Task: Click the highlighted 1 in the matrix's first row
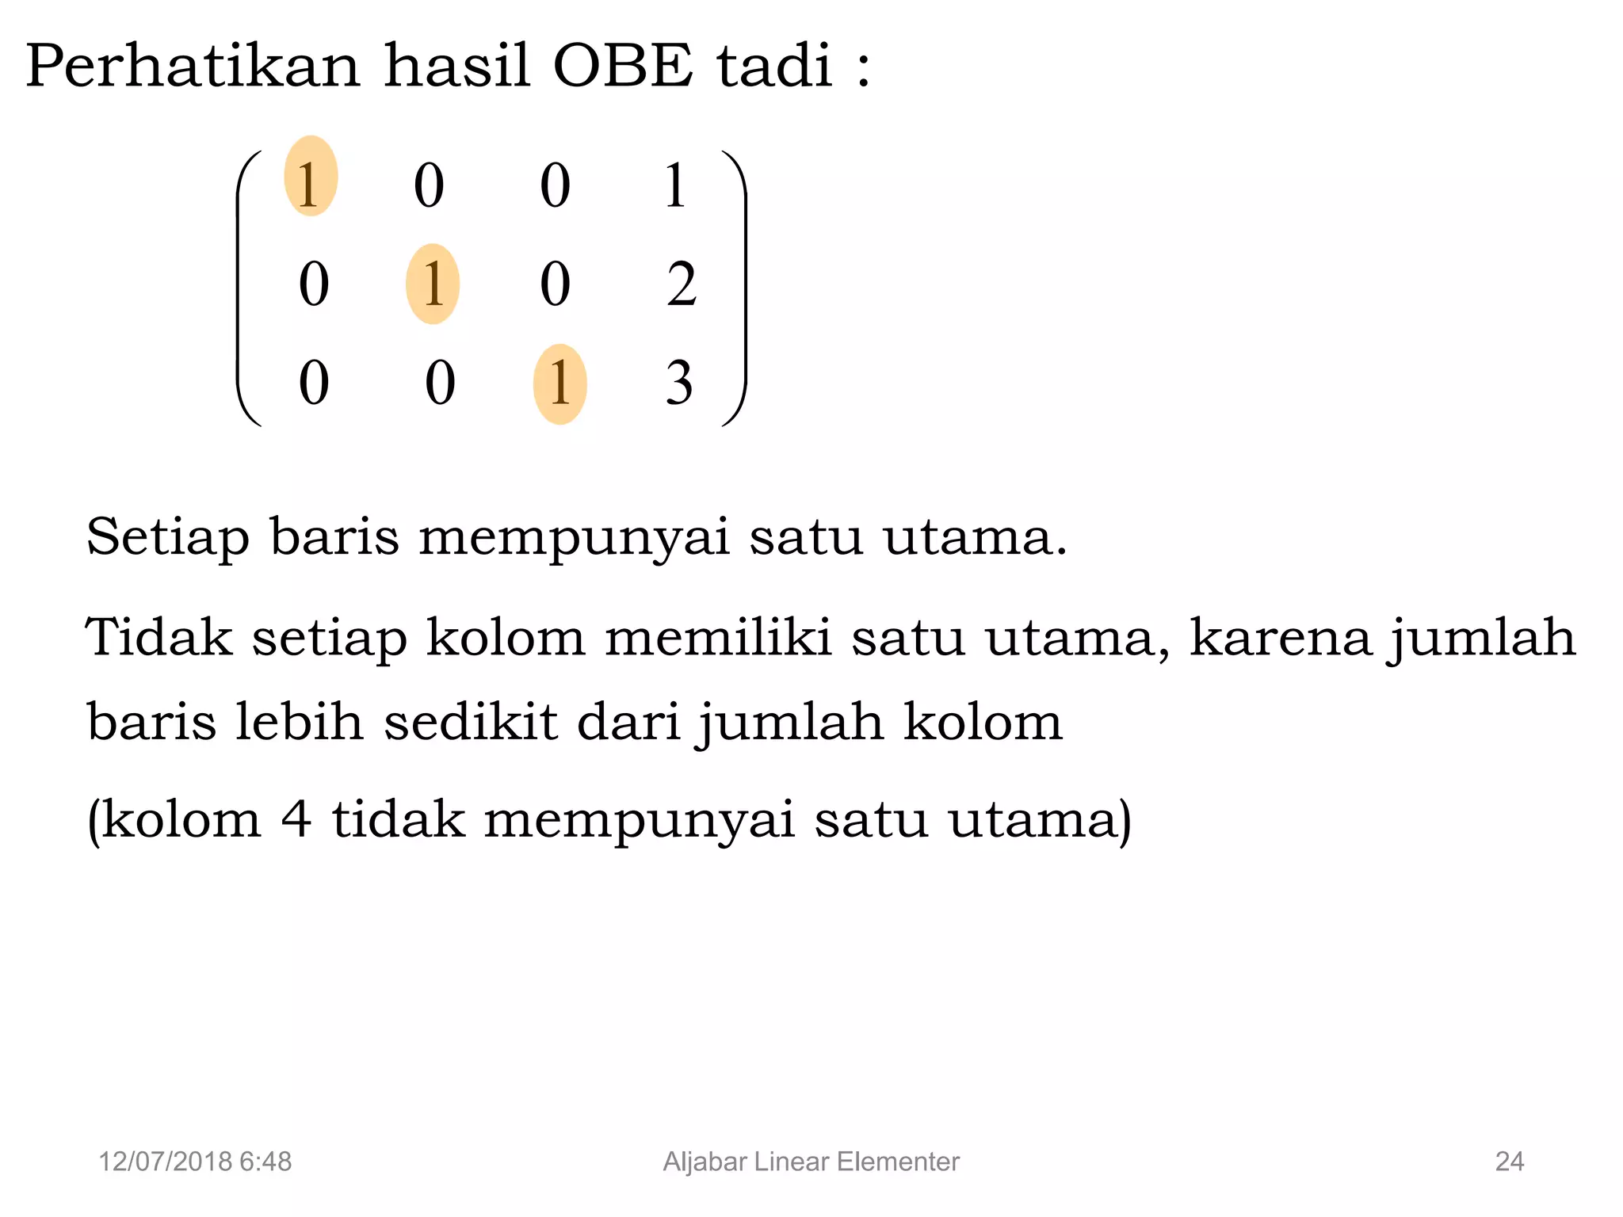(310, 177)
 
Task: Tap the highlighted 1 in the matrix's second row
(433, 284)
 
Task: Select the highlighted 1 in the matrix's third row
(559, 384)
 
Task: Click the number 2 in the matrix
(682, 284)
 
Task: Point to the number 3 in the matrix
(679, 384)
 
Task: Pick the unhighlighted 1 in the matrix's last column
(675, 186)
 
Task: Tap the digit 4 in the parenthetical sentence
(296, 819)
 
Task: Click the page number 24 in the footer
(1509, 1162)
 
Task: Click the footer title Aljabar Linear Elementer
(811, 1162)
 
